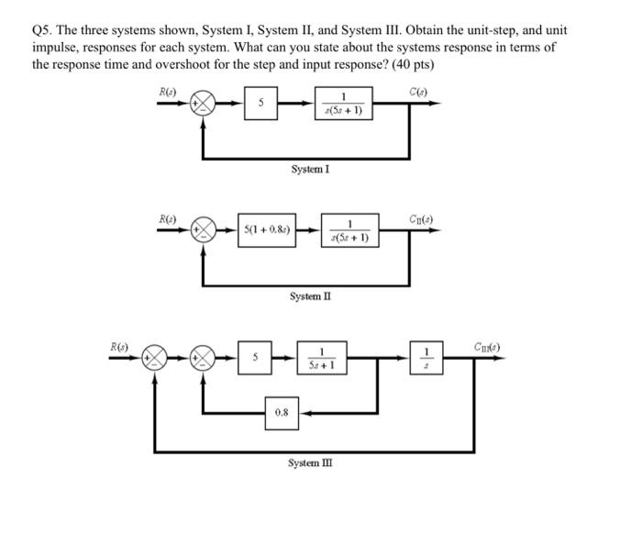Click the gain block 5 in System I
tap(261, 105)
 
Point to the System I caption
tap(310, 169)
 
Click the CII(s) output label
tap(424, 217)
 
